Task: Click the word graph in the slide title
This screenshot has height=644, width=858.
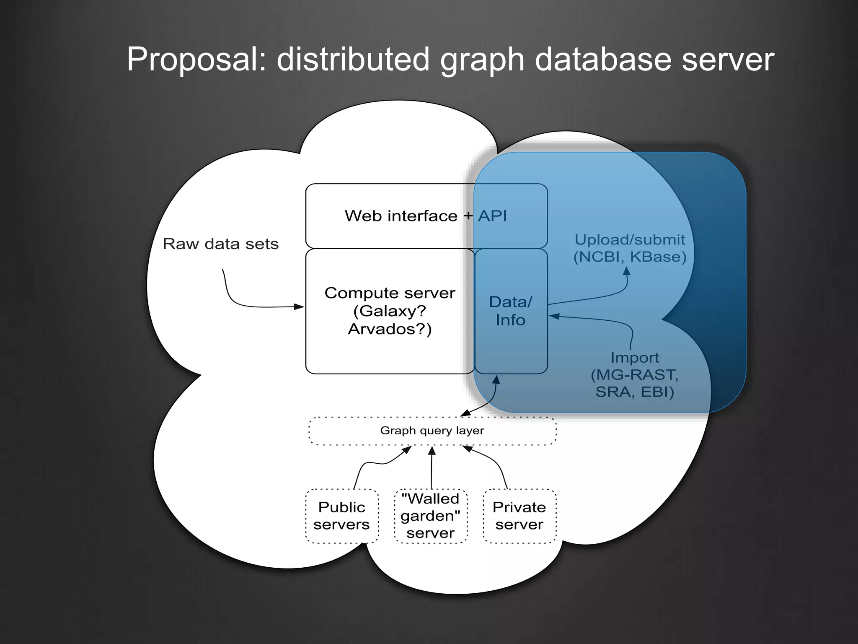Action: [482, 59]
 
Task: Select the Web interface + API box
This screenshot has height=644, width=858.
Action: [426, 216]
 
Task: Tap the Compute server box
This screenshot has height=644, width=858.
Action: [390, 311]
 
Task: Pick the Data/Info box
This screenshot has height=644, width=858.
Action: [510, 311]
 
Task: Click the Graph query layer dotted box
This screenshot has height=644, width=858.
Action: [432, 431]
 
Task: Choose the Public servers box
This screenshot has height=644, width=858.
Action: [341, 516]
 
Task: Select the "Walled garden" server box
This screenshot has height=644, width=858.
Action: [430, 516]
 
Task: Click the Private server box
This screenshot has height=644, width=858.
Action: [519, 516]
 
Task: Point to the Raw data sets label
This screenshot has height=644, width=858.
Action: [220, 244]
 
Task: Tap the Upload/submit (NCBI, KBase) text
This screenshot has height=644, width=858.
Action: [630, 248]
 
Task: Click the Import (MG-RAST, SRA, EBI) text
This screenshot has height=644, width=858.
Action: [634, 374]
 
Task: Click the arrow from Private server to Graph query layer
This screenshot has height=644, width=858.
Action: [494, 461]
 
